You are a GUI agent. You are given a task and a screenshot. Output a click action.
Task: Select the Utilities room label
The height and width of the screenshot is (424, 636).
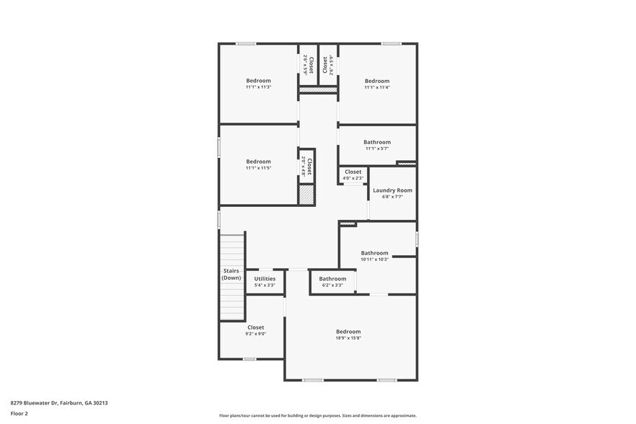(x=265, y=278)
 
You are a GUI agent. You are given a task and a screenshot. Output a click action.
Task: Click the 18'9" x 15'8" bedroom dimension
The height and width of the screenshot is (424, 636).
(x=348, y=337)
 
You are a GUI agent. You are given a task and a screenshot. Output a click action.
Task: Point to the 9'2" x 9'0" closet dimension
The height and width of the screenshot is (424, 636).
(x=255, y=334)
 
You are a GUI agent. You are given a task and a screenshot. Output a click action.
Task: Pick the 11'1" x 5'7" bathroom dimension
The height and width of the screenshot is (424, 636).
(x=376, y=149)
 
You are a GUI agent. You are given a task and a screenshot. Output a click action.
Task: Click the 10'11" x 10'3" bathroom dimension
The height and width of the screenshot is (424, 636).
(x=374, y=260)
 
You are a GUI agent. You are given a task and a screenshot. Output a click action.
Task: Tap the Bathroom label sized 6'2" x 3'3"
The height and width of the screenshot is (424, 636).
(x=332, y=278)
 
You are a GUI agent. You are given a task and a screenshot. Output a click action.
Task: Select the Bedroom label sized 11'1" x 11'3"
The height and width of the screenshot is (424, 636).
(x=258, y=80)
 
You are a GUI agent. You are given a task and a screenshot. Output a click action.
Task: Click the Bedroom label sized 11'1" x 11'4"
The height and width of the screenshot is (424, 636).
(x=376, y=81)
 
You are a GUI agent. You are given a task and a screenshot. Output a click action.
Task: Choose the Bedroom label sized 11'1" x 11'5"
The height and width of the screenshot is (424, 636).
(x=258, y=162)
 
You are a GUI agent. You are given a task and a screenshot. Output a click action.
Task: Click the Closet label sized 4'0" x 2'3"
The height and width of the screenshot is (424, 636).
(x=353, y=172)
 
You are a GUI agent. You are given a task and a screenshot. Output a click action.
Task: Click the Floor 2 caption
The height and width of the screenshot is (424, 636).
(x=19, y=413)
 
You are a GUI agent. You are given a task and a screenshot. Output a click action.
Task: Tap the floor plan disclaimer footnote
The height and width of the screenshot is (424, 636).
(x=317, y=415)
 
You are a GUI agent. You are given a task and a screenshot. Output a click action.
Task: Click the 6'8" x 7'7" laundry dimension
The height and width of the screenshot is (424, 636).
(x=387, y=196)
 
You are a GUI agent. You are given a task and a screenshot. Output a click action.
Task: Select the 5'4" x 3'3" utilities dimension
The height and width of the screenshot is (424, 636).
(x=265, y=285)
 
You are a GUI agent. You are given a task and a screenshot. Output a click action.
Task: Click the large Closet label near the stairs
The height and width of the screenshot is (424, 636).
(x=255, y=327)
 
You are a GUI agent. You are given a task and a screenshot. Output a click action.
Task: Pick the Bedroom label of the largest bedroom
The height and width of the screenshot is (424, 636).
(x=348, y=331)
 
